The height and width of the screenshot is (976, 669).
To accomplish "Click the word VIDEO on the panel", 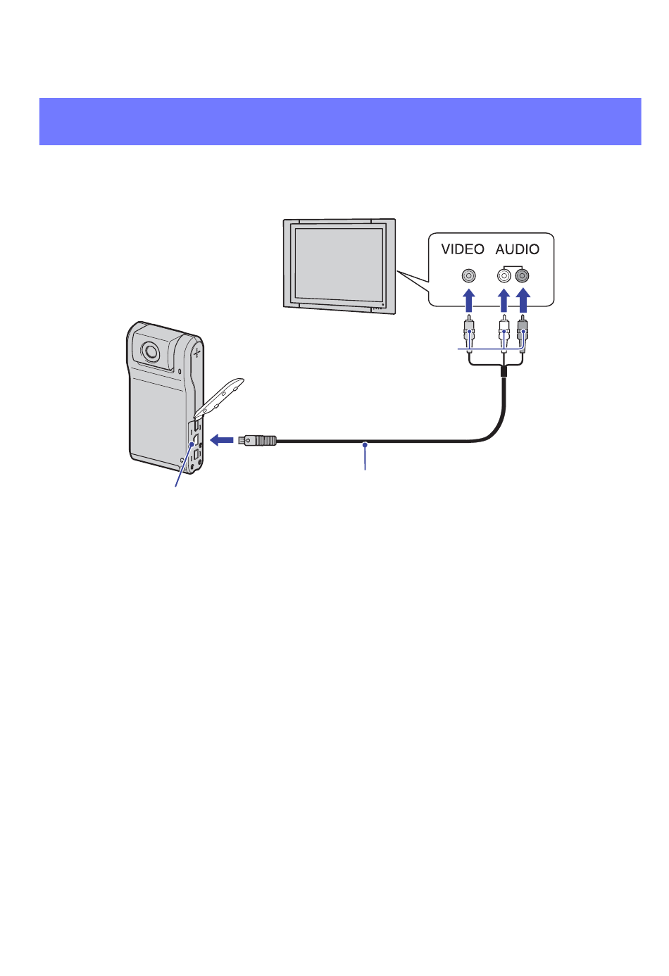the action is pyautogui.click(x=463, y=249).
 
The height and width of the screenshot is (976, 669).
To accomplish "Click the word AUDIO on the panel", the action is pyautogui.click(x=518, y=249).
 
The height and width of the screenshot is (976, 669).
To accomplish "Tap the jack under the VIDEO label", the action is pyautogui.click(x=468, y=276).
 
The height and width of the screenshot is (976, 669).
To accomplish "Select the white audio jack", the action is pyautogui.click(x=504, y=276).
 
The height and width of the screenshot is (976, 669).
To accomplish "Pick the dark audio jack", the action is pyautogui.click(x=522, y=276).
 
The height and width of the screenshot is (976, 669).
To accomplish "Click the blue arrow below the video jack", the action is pyautogui.click(x=468, y=300).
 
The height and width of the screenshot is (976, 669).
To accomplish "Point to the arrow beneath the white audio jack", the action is pyautogui.click(x=504, y=300).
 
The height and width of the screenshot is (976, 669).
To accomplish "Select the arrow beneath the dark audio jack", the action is pyautogui.click(x=523, y=300).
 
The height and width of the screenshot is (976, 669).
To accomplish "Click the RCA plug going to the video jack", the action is pyautogui.click(x=468, y=333).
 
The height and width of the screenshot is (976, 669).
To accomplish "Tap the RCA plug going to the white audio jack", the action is pyautogui.click(x=504, y=333).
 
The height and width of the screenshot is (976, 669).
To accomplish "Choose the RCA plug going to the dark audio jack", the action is pyautogui.click(x=523, y=333).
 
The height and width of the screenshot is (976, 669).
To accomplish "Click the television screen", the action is pyautogui.click(x=339, y=264).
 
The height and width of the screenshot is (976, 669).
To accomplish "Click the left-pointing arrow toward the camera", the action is pyautogui.click(x=221, y=440).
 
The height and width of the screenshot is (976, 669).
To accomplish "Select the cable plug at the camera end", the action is pyautogui.click(x=257, y=441).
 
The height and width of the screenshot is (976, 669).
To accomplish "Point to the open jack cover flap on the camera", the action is pyautogui.click(x=219, y=396).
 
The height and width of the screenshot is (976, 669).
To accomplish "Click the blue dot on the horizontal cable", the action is pyautogui.click(x=365, y=444).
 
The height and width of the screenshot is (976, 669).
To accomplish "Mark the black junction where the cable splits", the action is pyautogui.click(x=504, y=371).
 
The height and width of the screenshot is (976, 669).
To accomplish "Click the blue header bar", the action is pyautogui.click(x=340, y=121).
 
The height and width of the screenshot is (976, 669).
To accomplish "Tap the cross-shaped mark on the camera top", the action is pyautogui.click(x=196, y=351).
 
